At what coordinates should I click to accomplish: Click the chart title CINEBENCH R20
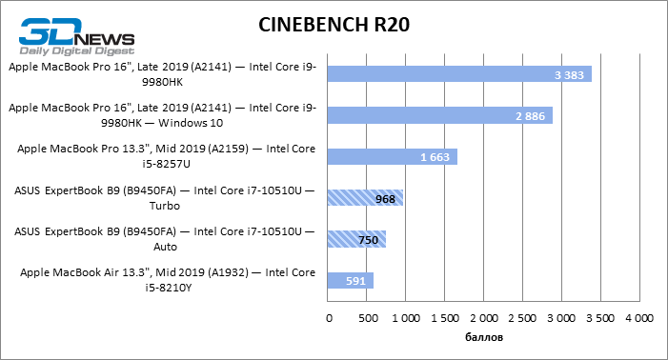(334, 25)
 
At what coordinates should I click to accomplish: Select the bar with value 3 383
(458, 74)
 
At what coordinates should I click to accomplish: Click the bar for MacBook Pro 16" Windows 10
(439, 115)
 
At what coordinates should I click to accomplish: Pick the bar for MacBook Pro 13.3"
(392, 156)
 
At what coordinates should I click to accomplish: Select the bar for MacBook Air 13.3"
(350, 280)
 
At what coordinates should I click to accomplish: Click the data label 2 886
(529, 115)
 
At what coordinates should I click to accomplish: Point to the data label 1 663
(435, 156)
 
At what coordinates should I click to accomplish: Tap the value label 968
(386, 198)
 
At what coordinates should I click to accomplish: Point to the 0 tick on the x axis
(328, 316)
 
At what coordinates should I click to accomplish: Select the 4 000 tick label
(638, 316)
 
